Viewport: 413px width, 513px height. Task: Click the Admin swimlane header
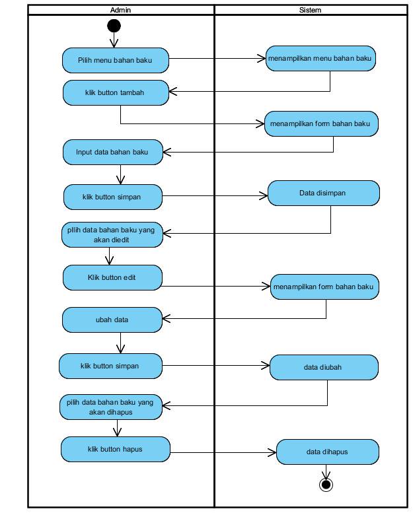click(x=121, y=10)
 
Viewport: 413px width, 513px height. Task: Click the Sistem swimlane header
click(x=311, y=10)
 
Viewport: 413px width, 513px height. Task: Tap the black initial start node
click(x=114, y=26)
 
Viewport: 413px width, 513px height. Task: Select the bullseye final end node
click(x=326, y=484)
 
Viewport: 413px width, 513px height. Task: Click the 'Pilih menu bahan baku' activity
click(x=116, y=60)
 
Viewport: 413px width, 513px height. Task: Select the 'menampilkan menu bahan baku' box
click(x=320, y=59)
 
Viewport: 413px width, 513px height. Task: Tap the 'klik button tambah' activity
click(x=116, y=92)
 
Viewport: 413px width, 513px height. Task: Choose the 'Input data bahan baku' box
click(x=112, y=152)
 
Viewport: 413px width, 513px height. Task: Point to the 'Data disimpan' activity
click(x=324, y=193)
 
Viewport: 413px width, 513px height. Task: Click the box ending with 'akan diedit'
click(x=112, y=234)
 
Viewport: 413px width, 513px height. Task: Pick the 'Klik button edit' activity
click(x=112, y=277)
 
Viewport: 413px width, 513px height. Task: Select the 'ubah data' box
click(x=112, y=320)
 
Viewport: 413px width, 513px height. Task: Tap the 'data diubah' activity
click(x=324, y=367)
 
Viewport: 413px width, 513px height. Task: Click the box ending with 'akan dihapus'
click(x=111, y=407)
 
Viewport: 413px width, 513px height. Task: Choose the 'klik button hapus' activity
click(x=115, y=449)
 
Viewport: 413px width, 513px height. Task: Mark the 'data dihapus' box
click(x=328, y=452)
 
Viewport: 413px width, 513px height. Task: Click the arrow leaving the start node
click(x=114, y=40)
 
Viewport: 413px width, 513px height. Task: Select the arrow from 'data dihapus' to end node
click(x=326, y=471)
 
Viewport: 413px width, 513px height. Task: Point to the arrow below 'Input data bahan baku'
click(x=120, y=174)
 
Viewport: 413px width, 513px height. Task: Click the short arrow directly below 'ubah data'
click(x=120, y=343)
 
